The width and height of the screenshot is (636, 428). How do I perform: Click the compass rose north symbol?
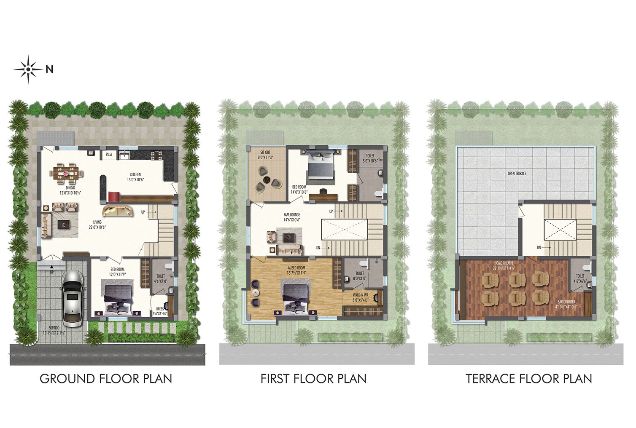pos(28,69)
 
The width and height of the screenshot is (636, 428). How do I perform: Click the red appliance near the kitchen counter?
pos(113,196)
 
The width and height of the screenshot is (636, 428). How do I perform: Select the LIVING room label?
pos(97,225)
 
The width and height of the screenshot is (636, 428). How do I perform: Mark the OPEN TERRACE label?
pos(517,173)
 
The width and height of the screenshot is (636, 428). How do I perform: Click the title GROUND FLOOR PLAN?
pos(106,379)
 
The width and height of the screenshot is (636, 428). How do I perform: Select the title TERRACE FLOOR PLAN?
pos(529,379)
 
